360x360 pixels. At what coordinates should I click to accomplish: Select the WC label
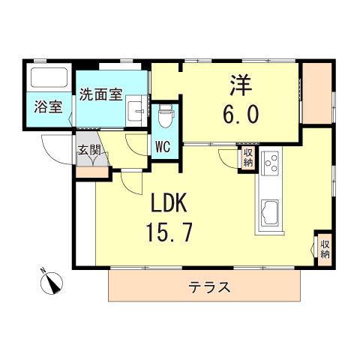click(x=163, y=146)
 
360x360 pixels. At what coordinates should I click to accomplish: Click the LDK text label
click(x=174, y=204)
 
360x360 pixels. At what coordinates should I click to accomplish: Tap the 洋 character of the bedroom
click(x=239, y=85)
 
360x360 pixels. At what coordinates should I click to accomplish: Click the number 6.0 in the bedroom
click(x=240, y=114)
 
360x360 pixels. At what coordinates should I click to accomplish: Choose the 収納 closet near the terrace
click(x=325, y=247)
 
